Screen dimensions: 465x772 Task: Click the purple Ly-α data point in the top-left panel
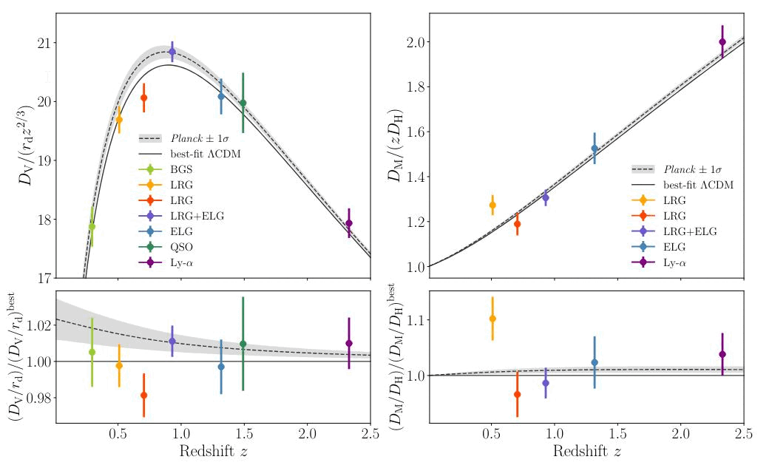(349, 223)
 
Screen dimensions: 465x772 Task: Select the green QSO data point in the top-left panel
(243, 103)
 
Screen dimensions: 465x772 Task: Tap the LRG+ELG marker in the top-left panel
(172, 52)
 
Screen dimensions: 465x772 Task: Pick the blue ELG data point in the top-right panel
(595, 149)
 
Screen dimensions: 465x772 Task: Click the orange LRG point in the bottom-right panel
(492, 319)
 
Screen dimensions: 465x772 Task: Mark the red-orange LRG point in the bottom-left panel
(143, 395)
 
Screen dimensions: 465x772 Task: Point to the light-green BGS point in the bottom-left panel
(92, 352)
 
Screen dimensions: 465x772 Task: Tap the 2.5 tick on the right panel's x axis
(743, 435)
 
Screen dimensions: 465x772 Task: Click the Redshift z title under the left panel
(214, 452)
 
